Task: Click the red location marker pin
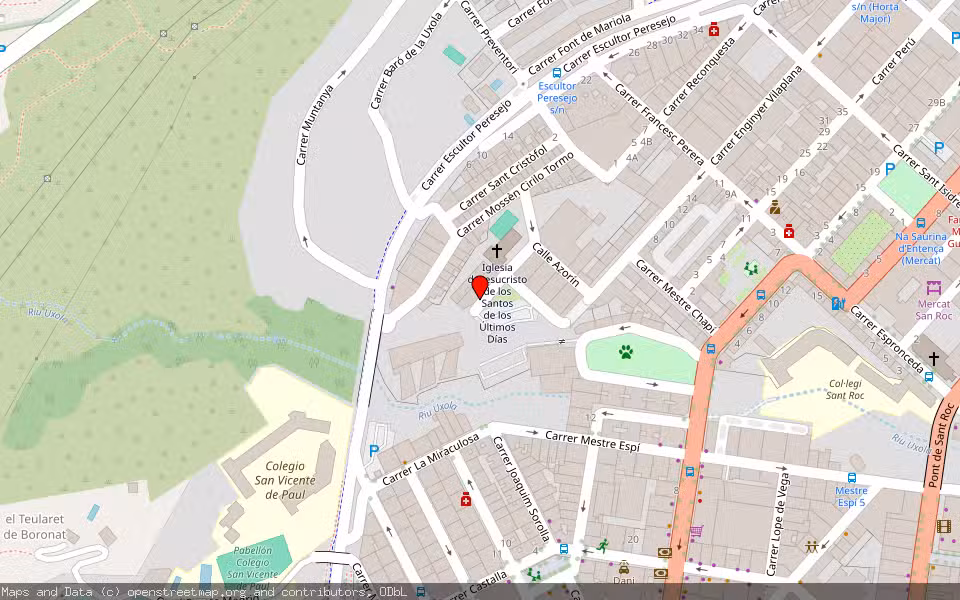click(480, 287)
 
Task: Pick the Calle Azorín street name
click(556, 264)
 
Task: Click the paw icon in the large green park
click(625, 352)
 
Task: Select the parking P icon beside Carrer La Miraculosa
click(374, 451)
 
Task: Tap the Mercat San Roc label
click(934, 309)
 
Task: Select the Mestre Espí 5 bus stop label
click(851, 496)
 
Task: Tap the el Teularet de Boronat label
click(35, 526)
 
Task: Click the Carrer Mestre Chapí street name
click(677, 294)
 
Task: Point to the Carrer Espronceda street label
click(885, 340)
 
